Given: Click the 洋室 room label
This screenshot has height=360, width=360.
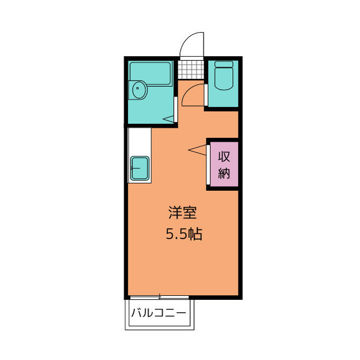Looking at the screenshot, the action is [x=182, y=213].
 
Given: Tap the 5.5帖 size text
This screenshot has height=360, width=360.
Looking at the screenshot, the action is [x=184, y=234].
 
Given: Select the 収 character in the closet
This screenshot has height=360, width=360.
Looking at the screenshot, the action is [x=224, y=157].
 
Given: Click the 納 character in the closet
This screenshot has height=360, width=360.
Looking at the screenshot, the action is [x=224, y=173].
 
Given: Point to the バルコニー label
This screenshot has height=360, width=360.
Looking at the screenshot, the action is [x=159, y=313].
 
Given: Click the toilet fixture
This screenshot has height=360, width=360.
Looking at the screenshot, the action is [x=224, y=76].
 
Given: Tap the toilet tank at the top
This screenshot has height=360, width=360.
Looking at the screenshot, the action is [x=224, y=64].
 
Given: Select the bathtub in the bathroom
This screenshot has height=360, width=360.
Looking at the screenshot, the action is [x=150, y=74].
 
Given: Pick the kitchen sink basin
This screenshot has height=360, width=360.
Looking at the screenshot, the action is [x=140, y=168].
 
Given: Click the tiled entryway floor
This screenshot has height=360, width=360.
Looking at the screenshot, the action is [x=191, y=70].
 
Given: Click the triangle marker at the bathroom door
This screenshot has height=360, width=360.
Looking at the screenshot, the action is [x=169, y=119].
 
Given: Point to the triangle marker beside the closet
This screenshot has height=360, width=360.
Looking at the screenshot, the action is [x=197, y=150].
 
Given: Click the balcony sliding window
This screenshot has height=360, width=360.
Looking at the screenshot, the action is [x=159, y=298].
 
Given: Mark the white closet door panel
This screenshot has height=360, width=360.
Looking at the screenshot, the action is [x=208, y=165].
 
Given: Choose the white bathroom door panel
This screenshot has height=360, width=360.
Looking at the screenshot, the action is [x=175, y=110].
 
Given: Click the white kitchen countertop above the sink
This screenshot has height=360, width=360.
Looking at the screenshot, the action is [x=139, y=142].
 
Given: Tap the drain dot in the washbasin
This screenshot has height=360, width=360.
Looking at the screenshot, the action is [x=137, y=88].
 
